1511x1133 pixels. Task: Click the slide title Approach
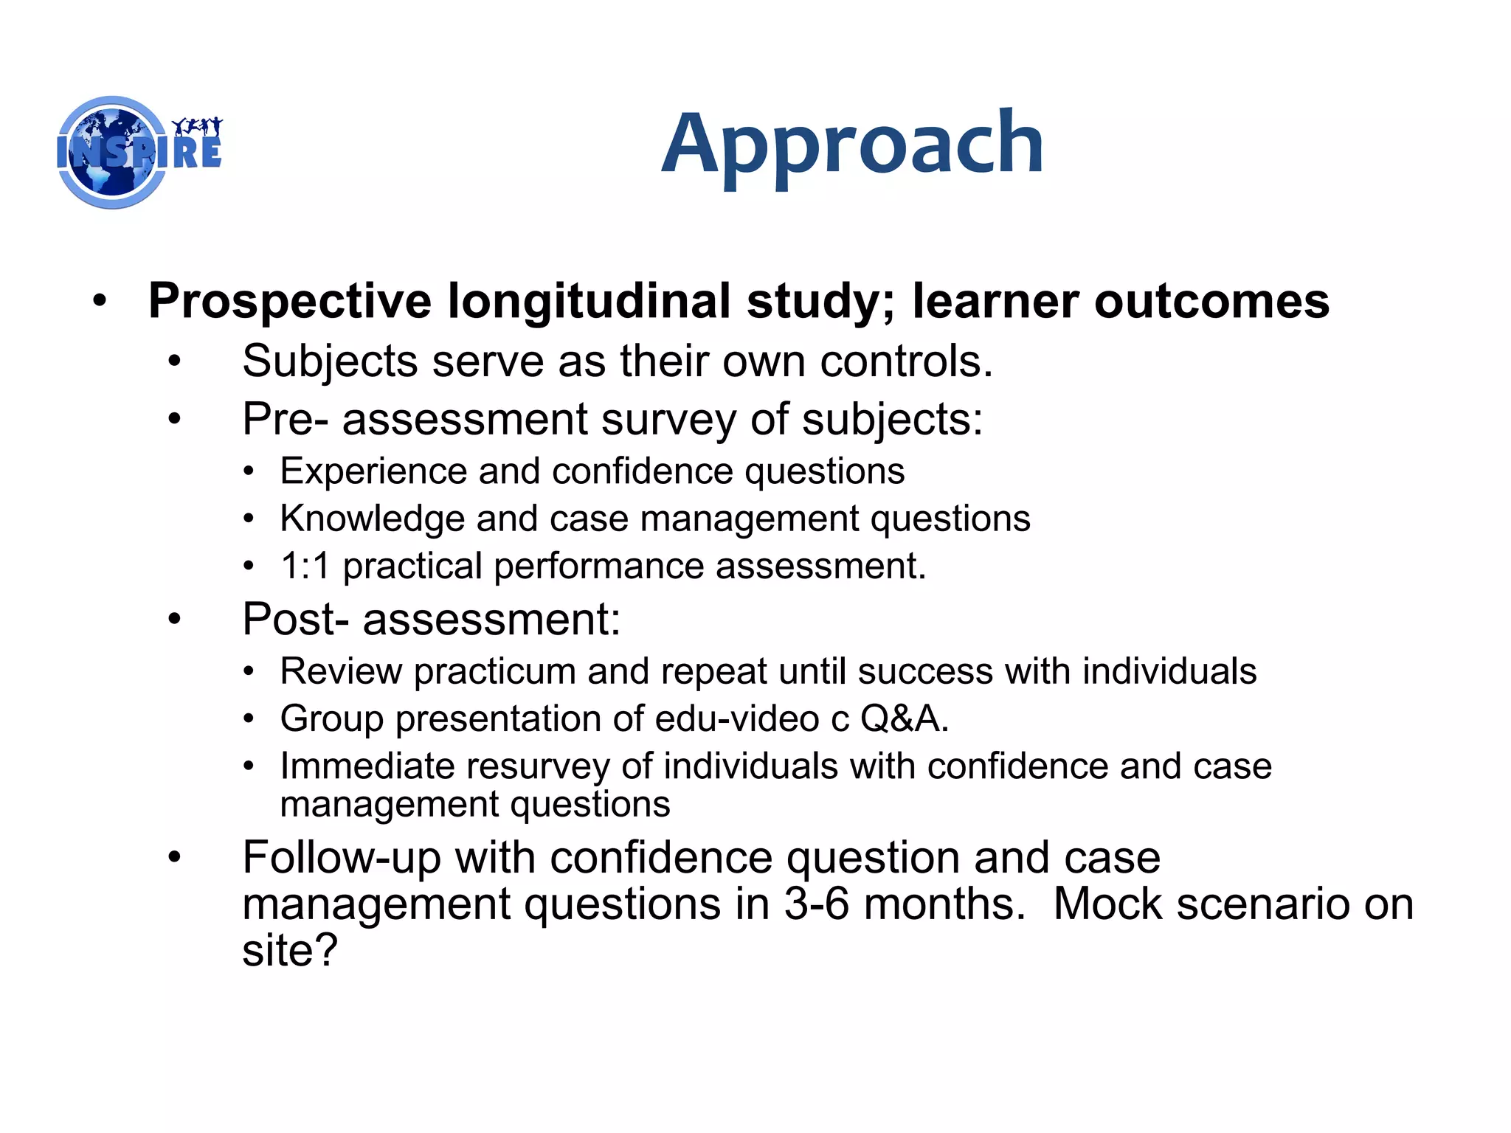pyautogui.click(x=852, y=145)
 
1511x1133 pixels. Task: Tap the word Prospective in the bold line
pyautogui.click(x=289, y=302)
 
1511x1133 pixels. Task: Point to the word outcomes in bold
pyautogui.click(x=1211, y=302)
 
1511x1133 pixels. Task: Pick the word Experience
pyautogui.click(x=373, y=471)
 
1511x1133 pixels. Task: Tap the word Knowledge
pyautogui.click(x=372, y=519)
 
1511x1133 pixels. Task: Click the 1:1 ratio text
pyautogui.click(x=304, y=566)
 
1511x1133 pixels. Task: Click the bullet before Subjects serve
pyautogui.click(x=174, y=361)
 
